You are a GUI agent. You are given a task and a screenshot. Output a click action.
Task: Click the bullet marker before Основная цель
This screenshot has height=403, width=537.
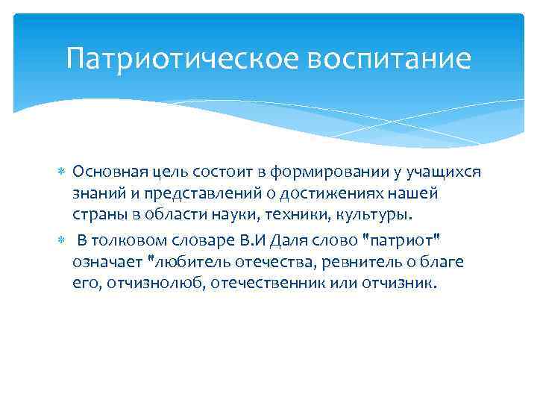[x=63, y=172]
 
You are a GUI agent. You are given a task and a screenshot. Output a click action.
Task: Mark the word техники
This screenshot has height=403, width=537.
[x=280, y=216]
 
